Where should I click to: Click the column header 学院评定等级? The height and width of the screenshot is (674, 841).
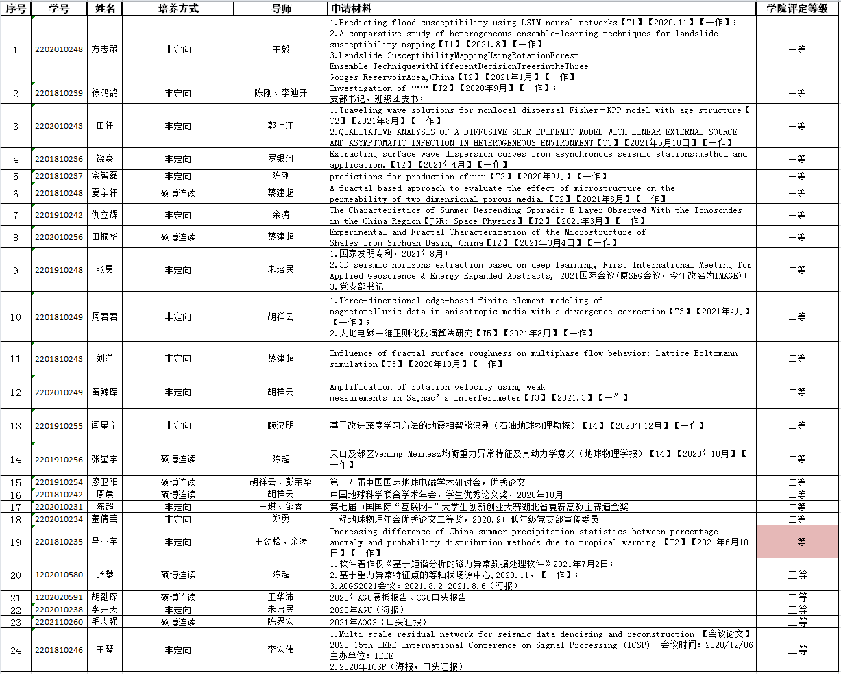(797, 8)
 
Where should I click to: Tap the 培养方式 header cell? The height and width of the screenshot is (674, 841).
(178, 8)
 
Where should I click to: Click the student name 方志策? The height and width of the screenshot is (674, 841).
(105, 49)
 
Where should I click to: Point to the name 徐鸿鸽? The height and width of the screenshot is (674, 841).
(105, 93)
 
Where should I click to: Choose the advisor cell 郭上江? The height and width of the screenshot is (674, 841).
(281, 126)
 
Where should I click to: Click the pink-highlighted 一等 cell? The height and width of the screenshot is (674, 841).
(797, 542)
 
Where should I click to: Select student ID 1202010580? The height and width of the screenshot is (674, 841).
(59, 575)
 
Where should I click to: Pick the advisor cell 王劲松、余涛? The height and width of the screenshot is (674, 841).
(281, 542)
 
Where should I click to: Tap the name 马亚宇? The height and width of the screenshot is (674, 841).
(105, 542)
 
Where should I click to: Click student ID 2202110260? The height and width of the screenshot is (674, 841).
(59, 622)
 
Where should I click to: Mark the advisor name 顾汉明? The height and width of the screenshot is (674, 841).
(281, 425)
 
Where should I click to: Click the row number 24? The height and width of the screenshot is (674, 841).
(16, 650)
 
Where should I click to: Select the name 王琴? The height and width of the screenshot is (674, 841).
(105, 650)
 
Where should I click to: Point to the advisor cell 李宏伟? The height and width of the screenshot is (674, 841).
(281, 650)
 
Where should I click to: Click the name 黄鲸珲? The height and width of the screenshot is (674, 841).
(105, 392)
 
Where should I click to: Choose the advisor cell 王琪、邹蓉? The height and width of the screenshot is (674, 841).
(281, 507)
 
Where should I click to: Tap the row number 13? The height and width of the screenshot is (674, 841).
(16, 425)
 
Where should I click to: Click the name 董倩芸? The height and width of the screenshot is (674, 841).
(105, 519)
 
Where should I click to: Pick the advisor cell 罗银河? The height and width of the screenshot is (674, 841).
(281, 159)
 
